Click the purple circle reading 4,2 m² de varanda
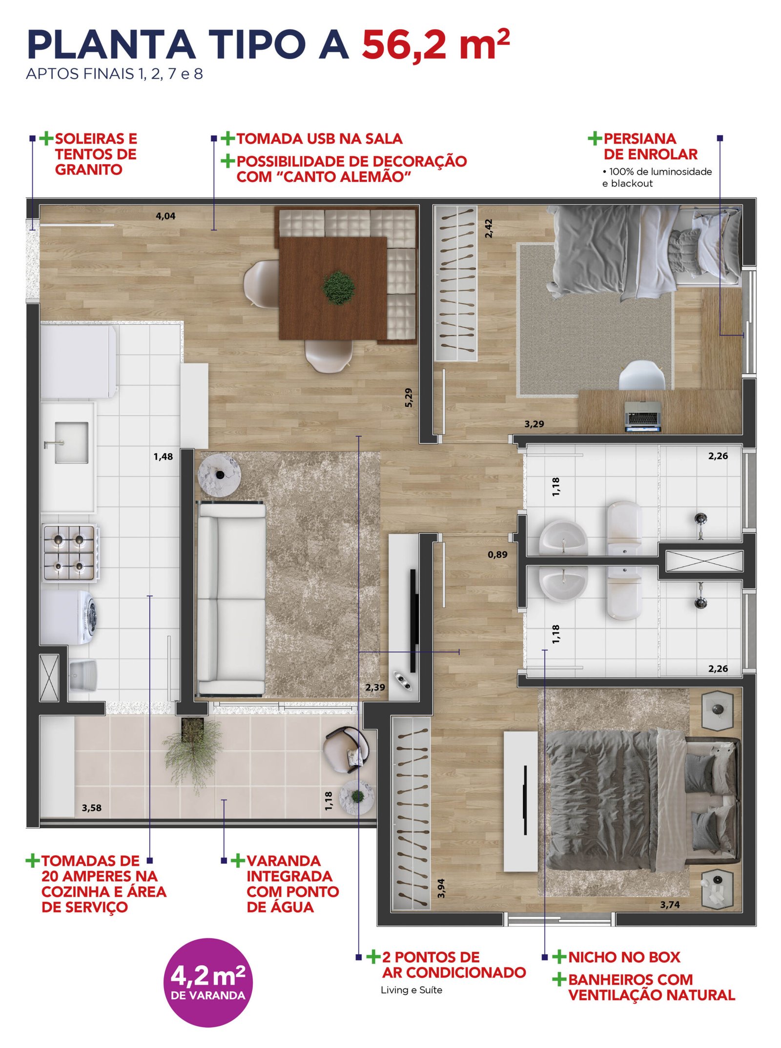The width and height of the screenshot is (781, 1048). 208,983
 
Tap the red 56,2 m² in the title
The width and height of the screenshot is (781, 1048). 435,45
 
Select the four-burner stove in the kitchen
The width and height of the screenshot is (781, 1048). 69,552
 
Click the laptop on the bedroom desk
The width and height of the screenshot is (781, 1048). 643,417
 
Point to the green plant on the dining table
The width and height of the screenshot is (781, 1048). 338,288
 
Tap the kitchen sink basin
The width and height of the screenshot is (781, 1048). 71,442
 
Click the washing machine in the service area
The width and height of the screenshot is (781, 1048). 68,617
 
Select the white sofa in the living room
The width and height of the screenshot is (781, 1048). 231,599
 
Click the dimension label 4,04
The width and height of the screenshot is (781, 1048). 165,216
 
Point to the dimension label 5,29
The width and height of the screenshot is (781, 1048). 409,398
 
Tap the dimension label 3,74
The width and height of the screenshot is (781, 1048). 670,904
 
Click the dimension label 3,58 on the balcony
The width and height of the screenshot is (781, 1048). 92,808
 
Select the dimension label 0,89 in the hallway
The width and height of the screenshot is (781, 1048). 497,554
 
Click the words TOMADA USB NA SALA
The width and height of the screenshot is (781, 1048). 319,139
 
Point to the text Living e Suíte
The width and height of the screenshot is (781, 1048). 411,990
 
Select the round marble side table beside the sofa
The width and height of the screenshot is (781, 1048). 220,475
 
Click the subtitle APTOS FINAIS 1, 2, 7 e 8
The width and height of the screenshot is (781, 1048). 114,74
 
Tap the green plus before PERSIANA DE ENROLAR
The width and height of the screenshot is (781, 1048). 595,138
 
